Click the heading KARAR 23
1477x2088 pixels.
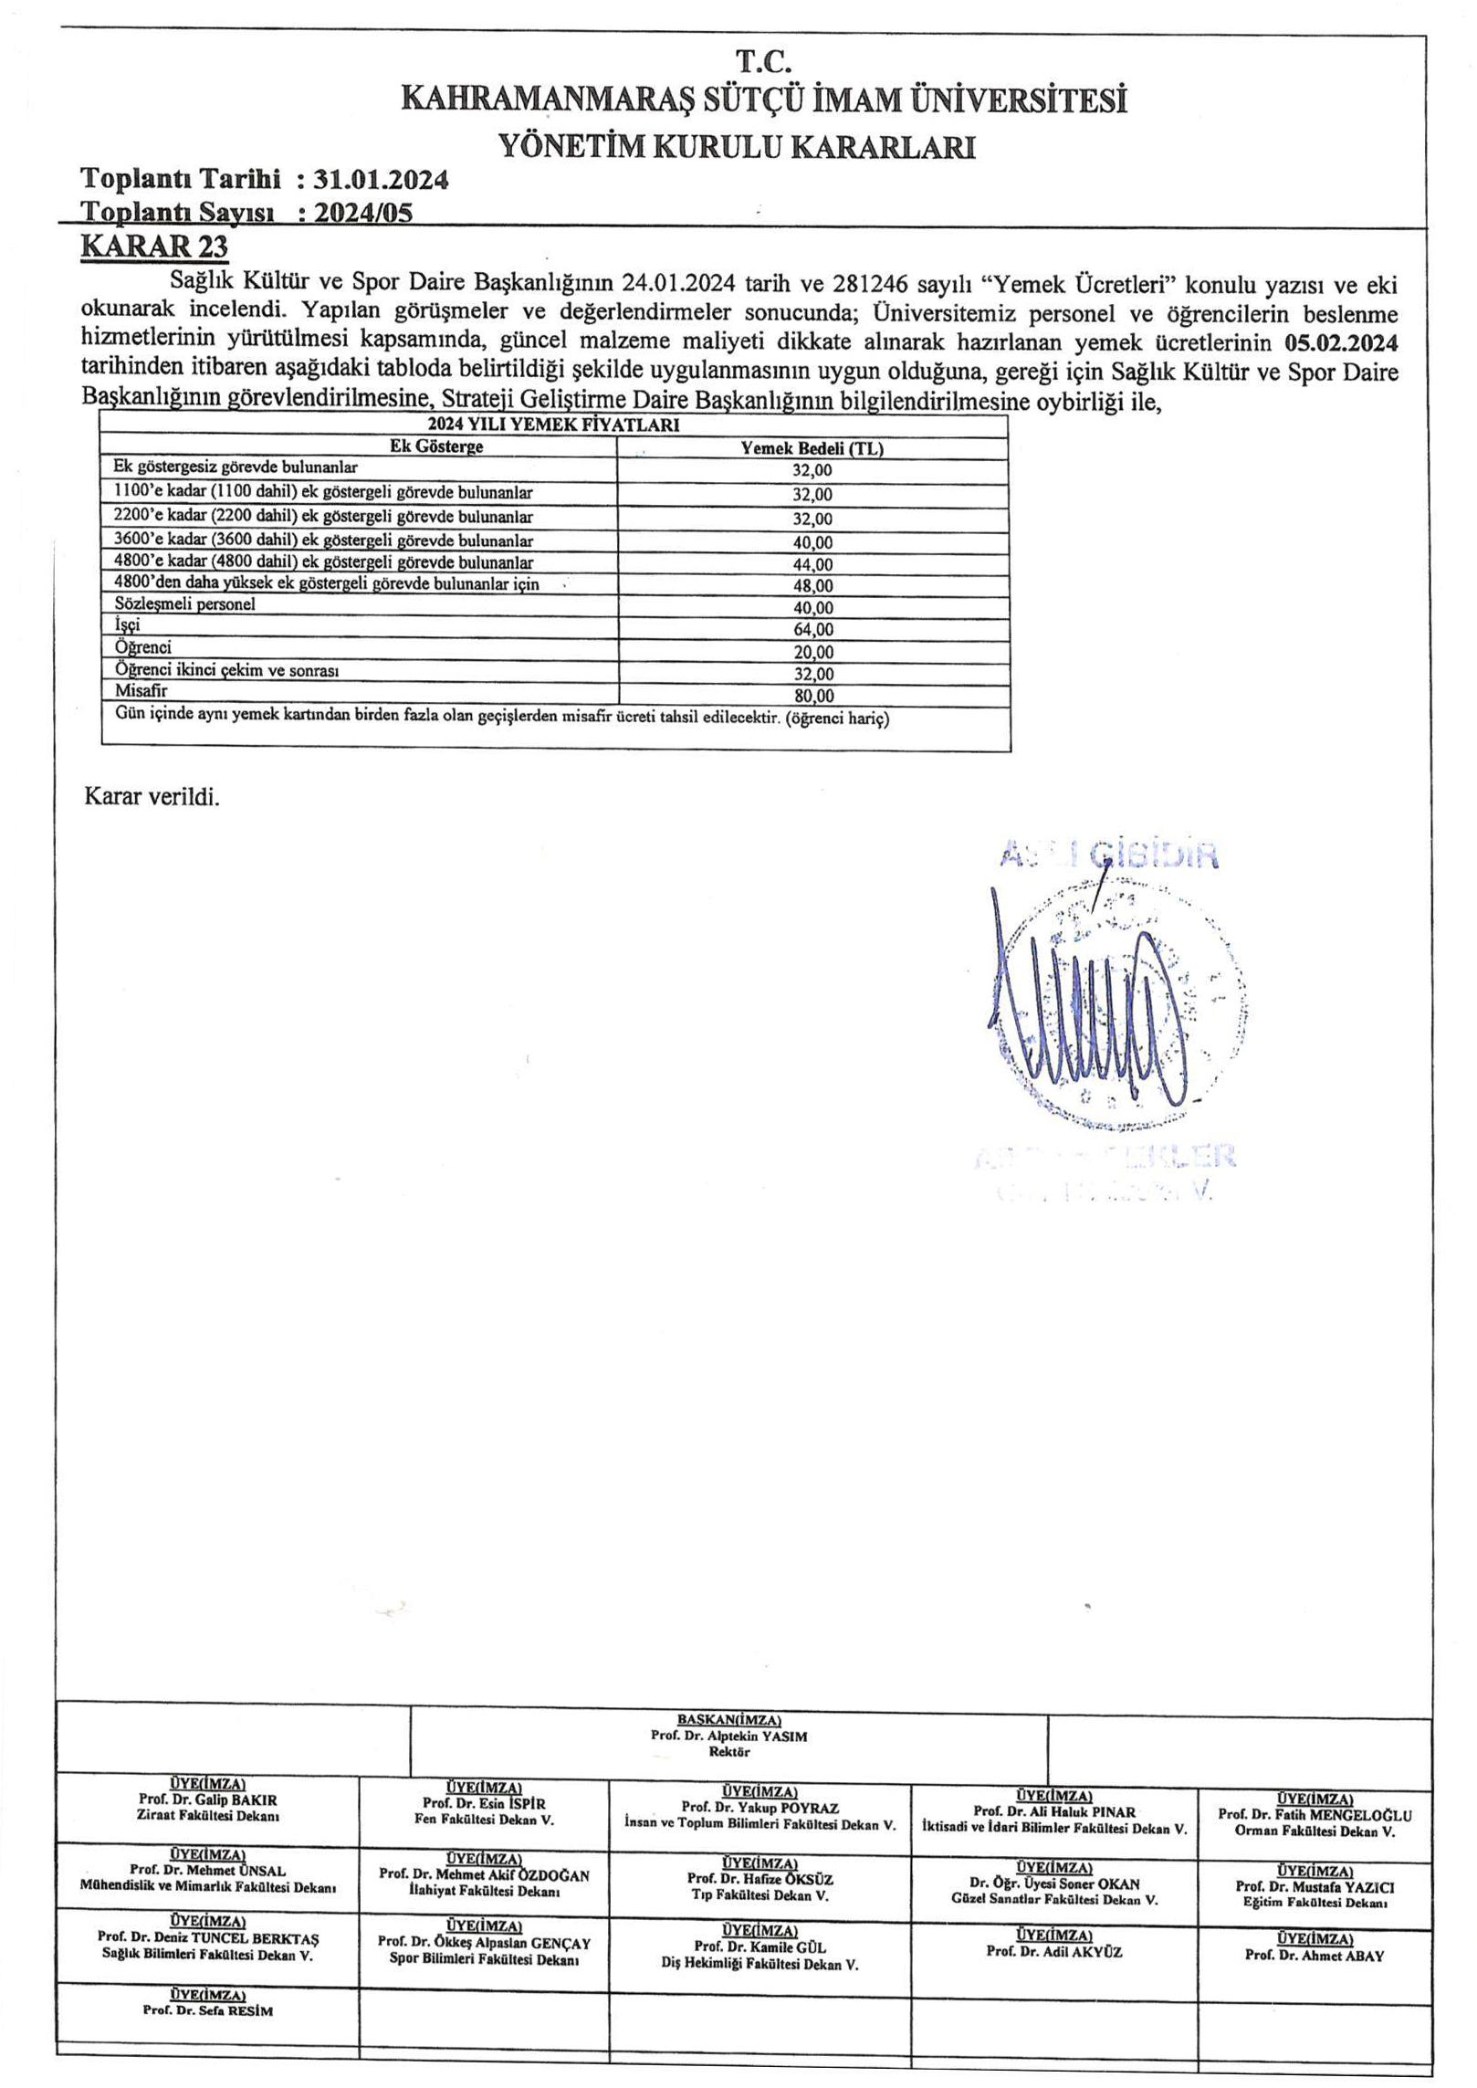click(154, 247)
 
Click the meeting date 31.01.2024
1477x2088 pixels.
click(381, 180)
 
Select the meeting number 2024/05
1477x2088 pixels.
click(362, 213)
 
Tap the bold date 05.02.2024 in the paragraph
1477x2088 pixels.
click(1340, 344)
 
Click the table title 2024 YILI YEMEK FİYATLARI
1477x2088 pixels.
click(553, 425)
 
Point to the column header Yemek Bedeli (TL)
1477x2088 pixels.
click(812, 448)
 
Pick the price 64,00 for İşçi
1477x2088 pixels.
click(812, 629)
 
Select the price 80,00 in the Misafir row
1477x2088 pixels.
click(812, 696)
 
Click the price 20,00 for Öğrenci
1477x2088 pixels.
click(812, 652)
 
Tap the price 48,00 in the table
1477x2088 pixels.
click(812, 585)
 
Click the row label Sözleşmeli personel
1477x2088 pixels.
click(185, 604)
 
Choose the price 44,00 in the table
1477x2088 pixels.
click(812, 564)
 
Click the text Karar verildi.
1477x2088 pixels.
click(152, 796)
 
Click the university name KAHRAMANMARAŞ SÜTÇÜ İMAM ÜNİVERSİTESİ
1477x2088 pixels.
click(763, 100)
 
